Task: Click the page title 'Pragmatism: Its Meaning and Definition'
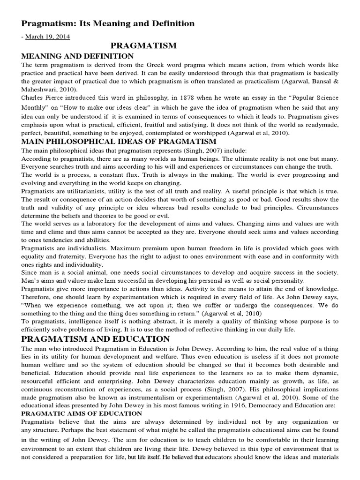click(x=108, y=23)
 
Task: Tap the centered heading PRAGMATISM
click(x=143, y=45)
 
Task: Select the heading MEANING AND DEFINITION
click(x=77, y=56)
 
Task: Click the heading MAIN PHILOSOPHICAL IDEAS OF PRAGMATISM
click(x=119, y=141)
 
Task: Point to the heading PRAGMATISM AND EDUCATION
click(x=95, y=338)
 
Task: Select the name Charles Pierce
click(x=43, y=98)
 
